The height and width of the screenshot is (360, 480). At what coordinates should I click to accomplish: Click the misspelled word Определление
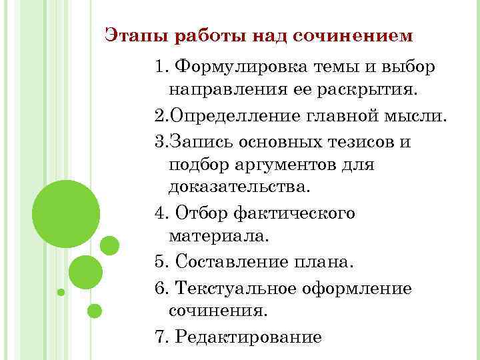click(x=231, y=117)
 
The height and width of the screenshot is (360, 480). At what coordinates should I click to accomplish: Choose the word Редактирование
click(x=248, y=337)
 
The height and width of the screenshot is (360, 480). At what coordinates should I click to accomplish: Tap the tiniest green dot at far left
click(x=61, y=292)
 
